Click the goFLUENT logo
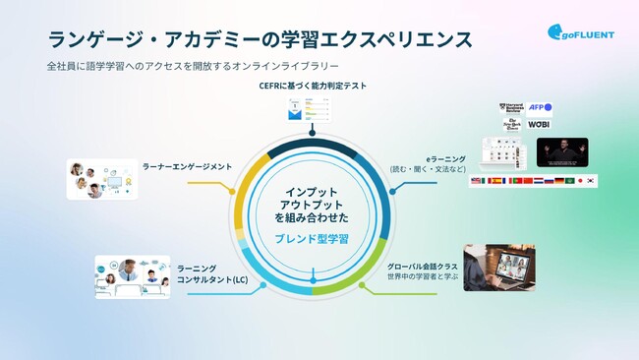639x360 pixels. click(581, 32)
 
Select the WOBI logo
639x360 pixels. click(539, 125)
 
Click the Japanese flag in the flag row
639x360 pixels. click(580, 181)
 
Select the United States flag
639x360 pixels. click(477, 181)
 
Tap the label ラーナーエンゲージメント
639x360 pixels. click(187, 166)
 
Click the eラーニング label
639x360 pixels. click(436, 156)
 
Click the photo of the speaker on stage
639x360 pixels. click(562, 152)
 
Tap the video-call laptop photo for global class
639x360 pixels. click(498, 268)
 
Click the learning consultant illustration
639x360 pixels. click(132, 277)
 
